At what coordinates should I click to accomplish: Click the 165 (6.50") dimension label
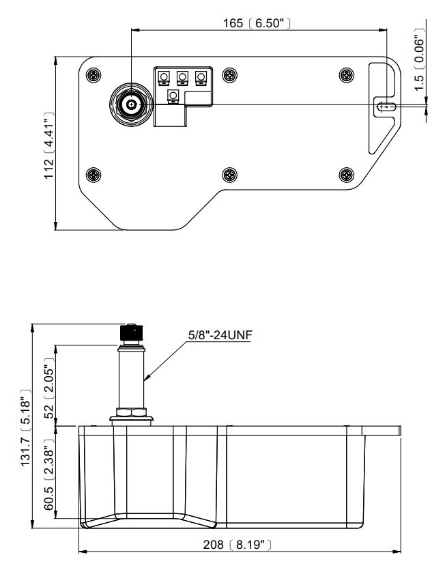coord(257,23)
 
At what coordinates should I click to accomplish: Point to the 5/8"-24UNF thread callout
coord(220,335)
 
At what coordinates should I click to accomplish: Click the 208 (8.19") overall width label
coord(238,545)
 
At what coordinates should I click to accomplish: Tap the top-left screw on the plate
coord(94,76)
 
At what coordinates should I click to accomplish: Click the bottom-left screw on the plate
coord(94,175)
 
